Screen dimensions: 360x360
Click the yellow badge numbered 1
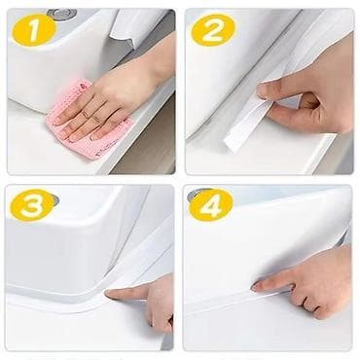(x=34, y=30)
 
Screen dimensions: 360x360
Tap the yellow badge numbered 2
(x=213, y=30)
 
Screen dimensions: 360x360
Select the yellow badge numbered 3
(x=32, y=205)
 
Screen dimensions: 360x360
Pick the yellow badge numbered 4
(x=211, y=205)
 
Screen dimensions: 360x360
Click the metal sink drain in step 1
(x=62, y=14)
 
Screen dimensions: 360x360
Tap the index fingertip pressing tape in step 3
(x=109, y=294)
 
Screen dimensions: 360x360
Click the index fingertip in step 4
(x=256, y=286)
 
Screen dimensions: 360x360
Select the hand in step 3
(x=143, y=302)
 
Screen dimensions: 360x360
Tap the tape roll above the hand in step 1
(x=138, y=27)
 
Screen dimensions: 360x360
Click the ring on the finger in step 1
(x=85, y=114)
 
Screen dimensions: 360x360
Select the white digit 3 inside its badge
(x=32, y=205)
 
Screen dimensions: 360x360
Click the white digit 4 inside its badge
(x=211, y=205)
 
